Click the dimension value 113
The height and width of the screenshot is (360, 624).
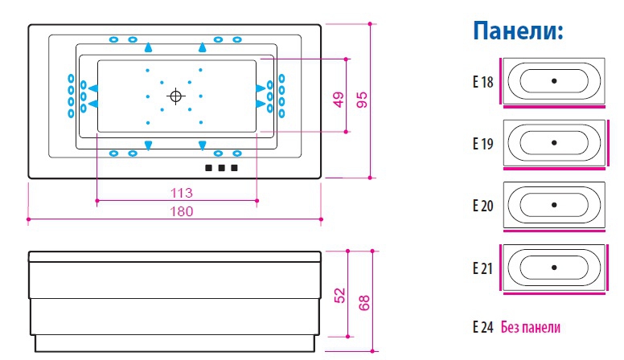click(x=183, y=193)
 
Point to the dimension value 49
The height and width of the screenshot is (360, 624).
click(x=338, y=100)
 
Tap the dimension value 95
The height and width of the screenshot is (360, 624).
click(x=362, y=100)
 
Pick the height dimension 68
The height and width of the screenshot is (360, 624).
click(x=363, y=303)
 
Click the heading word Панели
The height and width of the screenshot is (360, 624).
click(x=516, y=31)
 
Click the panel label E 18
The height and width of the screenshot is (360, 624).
click(x=482, y=81)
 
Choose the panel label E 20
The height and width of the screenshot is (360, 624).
click(x=482, y=205)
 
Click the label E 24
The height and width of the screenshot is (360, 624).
click(x=482, y=327)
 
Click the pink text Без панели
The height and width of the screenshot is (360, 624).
click(x=530, y=327)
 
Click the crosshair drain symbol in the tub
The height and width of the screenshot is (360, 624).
click(x=175, y=96)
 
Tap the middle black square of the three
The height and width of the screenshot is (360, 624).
click(x=220, y=168)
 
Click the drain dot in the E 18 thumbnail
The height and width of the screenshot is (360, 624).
click(x=554, y=81)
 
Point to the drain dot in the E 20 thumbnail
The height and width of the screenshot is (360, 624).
click(x=554, y=204)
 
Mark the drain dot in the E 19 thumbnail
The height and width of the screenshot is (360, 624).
click(x=554, y=142)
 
